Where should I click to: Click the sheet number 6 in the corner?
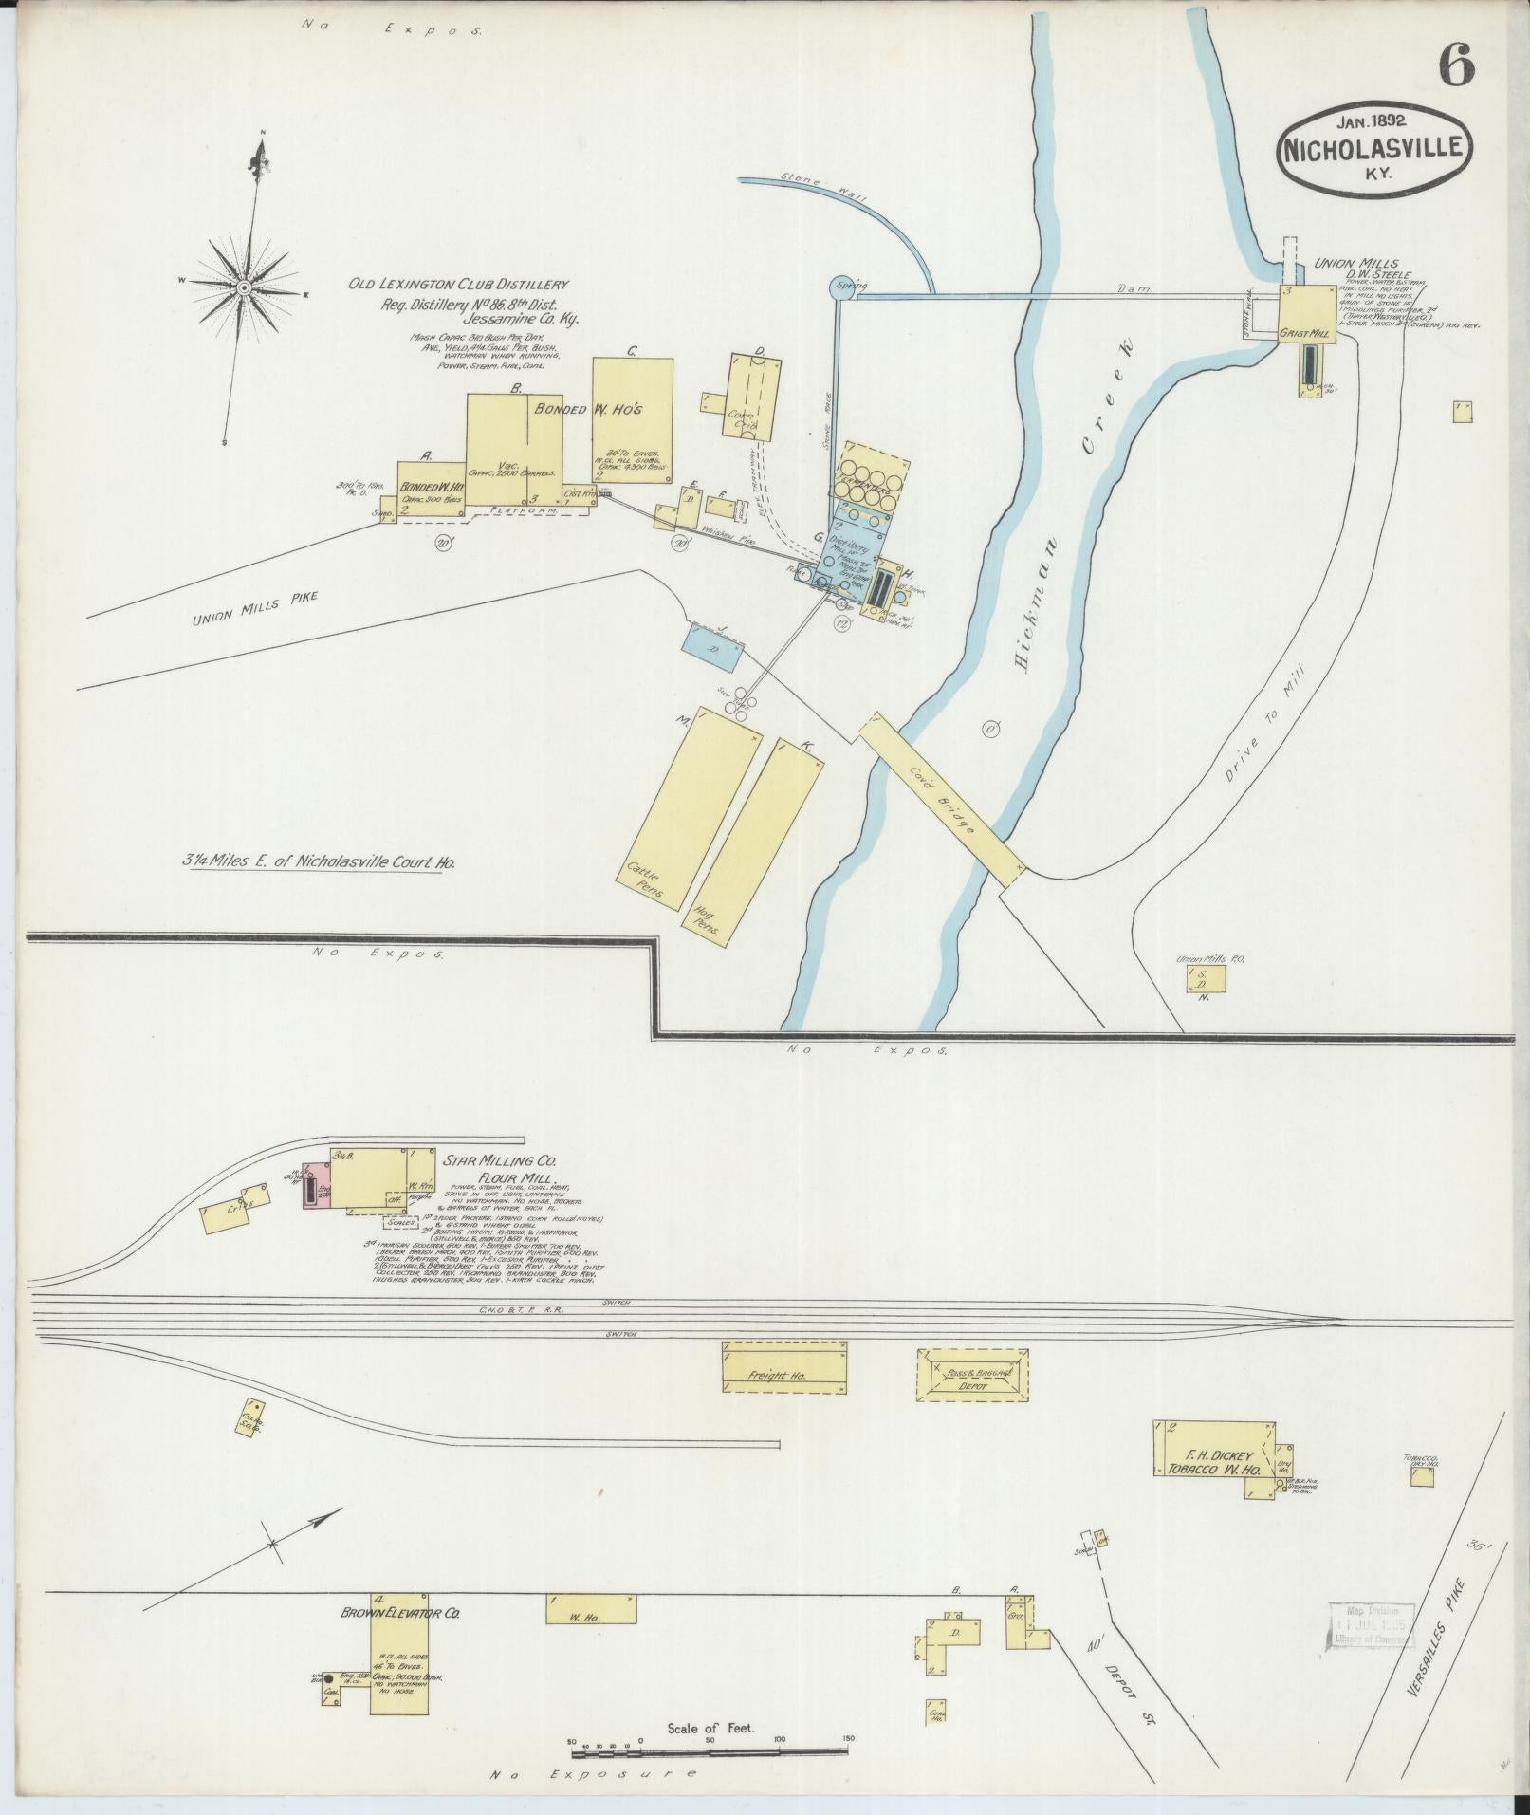click(1456, 64)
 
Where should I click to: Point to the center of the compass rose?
click(244, 286)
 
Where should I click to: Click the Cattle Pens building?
click(689, 798)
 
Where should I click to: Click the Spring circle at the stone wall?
click(841, 286)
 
